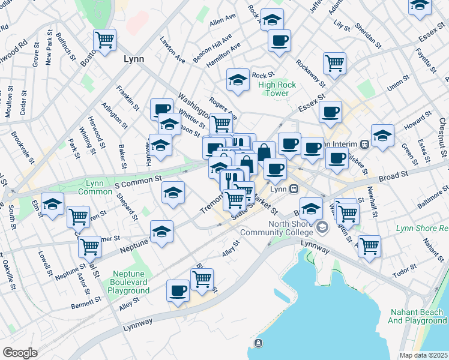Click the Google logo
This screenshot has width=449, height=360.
(x=20, y=353)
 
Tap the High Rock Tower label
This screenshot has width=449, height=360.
(x=277, y=89)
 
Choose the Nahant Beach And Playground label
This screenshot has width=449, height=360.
(x=417, y=316)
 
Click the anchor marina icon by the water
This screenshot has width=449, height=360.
(x=259, y=343)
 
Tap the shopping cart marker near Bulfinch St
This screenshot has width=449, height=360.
(x=104, y=40)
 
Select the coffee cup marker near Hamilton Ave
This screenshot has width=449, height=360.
(x=279, y=41)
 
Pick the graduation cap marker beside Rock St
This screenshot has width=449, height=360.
(x=238, y=80)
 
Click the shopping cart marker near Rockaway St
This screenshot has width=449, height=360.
(x=334, y=63)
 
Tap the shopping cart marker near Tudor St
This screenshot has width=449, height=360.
(x=369, y=245)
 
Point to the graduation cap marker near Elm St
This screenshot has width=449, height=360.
(x=53, y=205)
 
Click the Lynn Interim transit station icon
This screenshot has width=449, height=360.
(x=364, y=144)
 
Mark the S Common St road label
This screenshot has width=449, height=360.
(x=138, y=179)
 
